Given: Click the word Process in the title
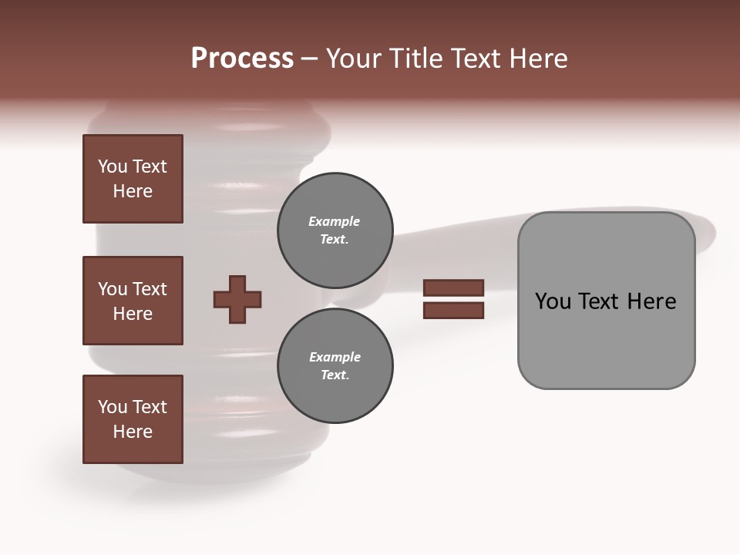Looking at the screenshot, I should coord(242,59).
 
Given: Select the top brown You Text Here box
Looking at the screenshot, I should coord(133,179).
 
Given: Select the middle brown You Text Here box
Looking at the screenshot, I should coord(133,301).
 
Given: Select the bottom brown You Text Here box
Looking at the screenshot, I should coord(133,419).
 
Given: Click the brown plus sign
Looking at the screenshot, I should coord(237,299).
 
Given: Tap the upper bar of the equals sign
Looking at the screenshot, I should coord(453,288).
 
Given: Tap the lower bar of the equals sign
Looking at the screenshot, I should coord(453,311).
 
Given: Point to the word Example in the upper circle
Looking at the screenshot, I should coord(335,221).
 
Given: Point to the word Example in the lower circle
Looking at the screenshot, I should coord(335,357).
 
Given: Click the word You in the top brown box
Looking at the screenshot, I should coord(112,166).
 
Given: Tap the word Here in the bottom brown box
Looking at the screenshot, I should coord(133,432).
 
